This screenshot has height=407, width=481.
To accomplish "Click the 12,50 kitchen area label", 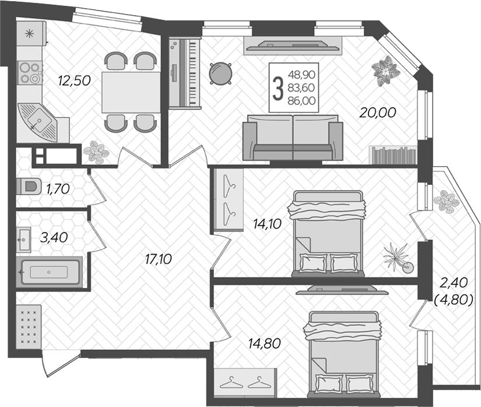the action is [x=74, y=80].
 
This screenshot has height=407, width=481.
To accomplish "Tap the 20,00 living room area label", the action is [x=378, y=113].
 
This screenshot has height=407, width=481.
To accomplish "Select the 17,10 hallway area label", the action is [x=158, y=259].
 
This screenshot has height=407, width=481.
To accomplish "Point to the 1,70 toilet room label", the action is [x=58, y=189].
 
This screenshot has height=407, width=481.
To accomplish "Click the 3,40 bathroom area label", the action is [x=54, y=237].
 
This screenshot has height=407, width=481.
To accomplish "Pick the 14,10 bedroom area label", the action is [x=267, y=224].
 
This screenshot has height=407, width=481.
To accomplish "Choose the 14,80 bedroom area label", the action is [x=265, y=343].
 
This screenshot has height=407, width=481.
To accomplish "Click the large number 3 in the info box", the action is [x=278, y=88].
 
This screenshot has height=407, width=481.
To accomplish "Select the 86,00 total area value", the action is [x=301, y=101].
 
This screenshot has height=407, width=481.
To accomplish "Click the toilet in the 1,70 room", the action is [x=29, y=186].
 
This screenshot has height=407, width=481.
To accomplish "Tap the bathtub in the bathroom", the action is [x=49, y=272].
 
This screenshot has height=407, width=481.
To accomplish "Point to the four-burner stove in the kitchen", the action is [x=29, y=73].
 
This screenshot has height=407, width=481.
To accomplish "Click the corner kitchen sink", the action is [x=37, y=122].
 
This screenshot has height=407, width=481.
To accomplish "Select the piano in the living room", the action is [x=185, y=73].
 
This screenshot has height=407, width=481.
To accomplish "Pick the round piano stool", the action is [x=220, y=73].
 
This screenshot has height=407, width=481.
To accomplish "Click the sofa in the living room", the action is [x=293, y=138].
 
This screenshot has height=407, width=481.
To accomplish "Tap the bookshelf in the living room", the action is [x=392, y=155].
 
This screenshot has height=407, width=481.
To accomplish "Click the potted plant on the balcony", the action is [x=446, y=201].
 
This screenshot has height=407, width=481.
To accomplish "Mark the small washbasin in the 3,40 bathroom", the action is [x=23, y=240].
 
